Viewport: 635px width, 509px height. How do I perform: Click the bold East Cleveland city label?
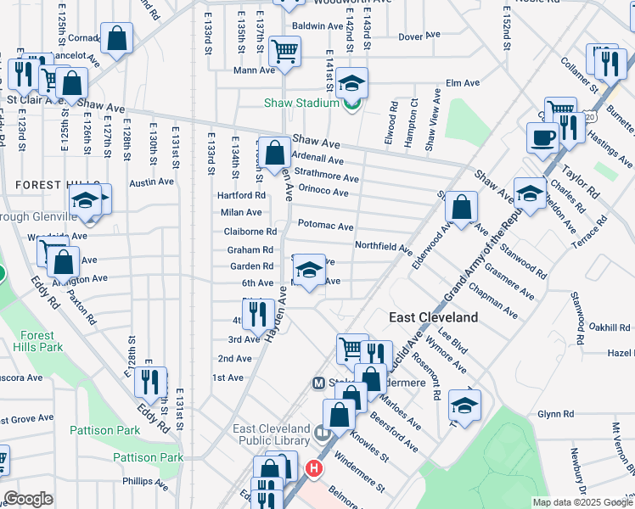tap(434, 317)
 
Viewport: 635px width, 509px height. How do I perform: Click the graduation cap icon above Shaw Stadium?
tap(351, 82)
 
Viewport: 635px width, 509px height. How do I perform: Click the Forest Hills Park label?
tap(40, 340)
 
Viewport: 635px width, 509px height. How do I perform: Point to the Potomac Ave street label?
tap(325, 227)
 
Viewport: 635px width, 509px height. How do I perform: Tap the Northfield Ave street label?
tap(383, 247)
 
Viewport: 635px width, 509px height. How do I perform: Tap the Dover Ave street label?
tap(419, 36)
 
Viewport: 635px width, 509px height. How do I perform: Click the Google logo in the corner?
tap(28, 499)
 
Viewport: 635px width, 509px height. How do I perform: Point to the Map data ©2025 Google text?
tap(582, 502)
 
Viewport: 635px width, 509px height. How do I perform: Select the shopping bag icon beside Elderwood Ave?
tap(460, 207)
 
